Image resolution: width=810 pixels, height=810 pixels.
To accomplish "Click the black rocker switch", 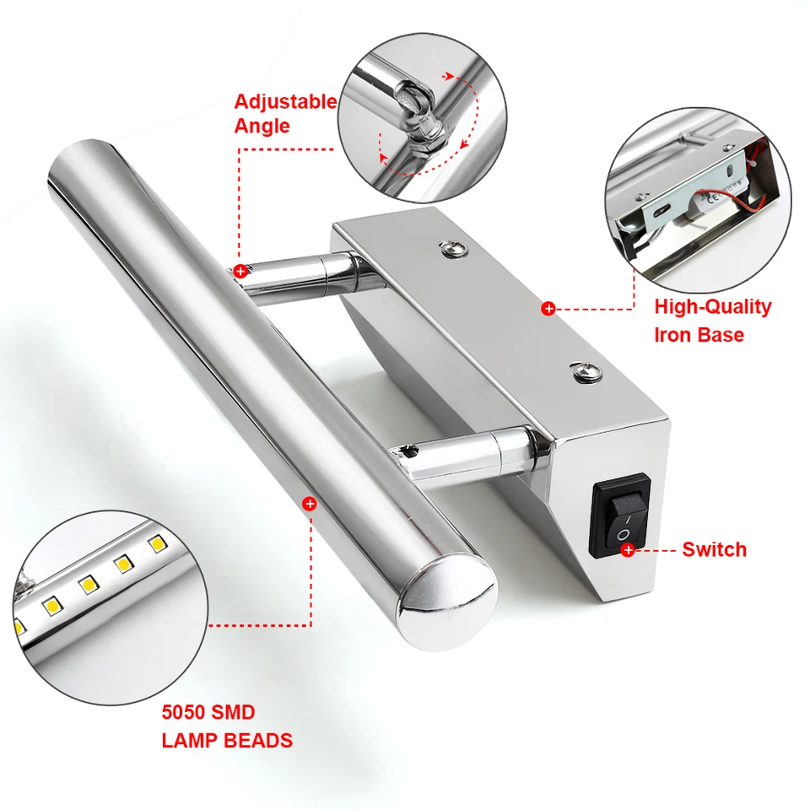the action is click(x=620, y=516).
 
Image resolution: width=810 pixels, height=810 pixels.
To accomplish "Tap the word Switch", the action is click(x=715, y=549).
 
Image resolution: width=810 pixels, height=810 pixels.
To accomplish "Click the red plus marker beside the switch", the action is click(x=628, y=550).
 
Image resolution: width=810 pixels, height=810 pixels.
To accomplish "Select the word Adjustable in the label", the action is click(x=286, y=102).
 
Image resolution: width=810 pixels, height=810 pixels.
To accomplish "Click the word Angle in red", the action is click(x=262, y=127).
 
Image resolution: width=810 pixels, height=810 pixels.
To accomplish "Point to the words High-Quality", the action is click(x=713, y=307).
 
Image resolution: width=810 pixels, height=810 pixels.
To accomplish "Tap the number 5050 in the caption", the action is click(x=183, y=712).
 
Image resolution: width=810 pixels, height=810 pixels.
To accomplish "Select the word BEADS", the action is click(x=259, y=741).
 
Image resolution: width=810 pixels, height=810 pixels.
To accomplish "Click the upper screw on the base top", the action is click(x=453, y=249).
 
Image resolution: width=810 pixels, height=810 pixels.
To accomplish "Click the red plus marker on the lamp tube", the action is click(x=310, y=504).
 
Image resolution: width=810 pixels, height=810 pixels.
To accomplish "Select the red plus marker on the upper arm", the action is click(x=240, y=271).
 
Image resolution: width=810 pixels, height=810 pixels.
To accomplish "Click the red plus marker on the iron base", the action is click(x=548, y=309).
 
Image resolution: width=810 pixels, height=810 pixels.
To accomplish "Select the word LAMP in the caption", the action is click(x=190, y=741).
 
